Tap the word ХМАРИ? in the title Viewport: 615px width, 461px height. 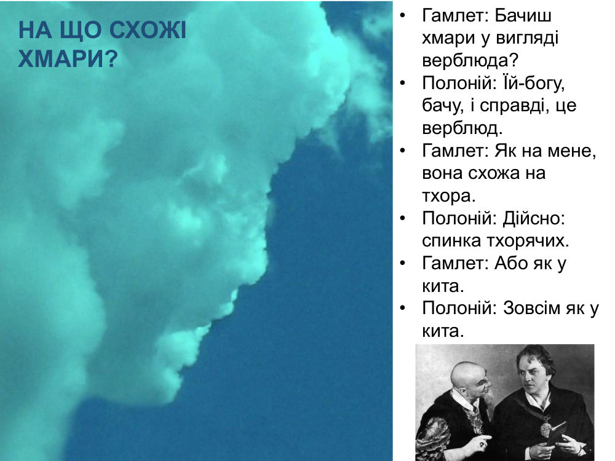(x=68, y=60)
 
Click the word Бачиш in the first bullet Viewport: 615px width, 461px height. (x=523, y=16)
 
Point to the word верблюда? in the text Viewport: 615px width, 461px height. (x=470, y=60)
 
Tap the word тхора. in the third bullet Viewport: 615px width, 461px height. (x=449, y=196)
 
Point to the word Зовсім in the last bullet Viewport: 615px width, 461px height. (x=532, y=308)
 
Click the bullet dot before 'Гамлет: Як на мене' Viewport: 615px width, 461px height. (x=402, y=151)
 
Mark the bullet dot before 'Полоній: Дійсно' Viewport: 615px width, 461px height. (x=402, y=219)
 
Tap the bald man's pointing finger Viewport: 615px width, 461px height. (x=486, y=438)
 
